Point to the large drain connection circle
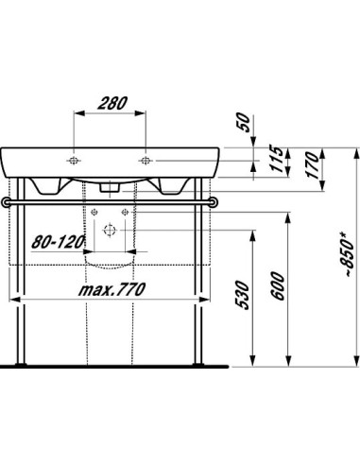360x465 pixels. click(x=110, y=229)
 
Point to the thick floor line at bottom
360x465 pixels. click(x=113, y=363)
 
